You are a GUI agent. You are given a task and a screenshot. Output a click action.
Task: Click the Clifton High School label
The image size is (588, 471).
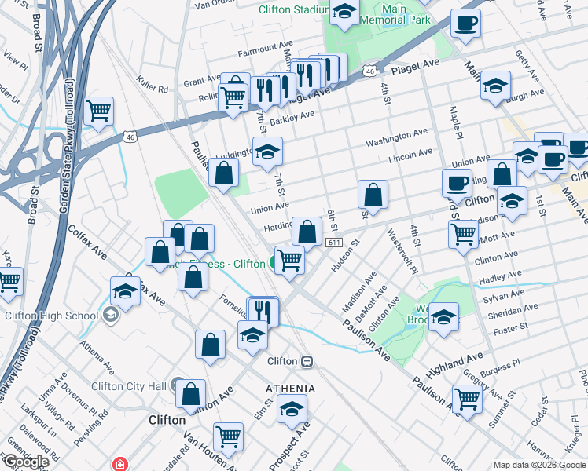51,316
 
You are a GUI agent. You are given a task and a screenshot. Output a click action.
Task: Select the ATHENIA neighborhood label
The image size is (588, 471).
290,389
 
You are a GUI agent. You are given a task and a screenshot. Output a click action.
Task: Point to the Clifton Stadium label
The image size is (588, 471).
293,10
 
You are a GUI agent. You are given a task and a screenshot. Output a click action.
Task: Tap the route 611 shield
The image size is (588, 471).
335,243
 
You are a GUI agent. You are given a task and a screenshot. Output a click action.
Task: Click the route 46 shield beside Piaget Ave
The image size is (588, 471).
369,71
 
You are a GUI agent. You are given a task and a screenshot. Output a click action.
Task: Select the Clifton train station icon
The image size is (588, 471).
307,361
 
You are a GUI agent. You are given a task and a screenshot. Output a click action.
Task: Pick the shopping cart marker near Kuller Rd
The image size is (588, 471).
98,111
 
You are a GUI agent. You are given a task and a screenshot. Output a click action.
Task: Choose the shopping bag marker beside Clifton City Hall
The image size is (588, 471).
190,394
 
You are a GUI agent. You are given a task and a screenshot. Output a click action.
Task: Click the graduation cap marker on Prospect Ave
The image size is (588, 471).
292,409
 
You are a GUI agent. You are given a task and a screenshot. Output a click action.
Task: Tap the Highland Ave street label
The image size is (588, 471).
454,363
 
